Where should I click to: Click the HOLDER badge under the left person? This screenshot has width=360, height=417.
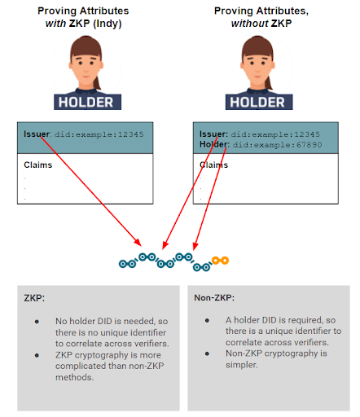87,102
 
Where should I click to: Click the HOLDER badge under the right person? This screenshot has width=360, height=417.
259,102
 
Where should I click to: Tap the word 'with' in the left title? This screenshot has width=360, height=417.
55,24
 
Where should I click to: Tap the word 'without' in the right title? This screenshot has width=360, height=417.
249,24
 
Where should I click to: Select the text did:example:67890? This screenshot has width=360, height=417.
277,145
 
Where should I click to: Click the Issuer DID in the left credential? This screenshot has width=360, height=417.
99,134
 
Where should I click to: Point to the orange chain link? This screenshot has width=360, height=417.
220,261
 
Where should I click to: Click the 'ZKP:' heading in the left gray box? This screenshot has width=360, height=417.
34,298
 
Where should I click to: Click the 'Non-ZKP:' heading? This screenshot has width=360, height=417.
214,298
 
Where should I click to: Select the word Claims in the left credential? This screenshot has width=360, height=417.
38,165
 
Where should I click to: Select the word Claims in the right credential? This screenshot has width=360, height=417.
213,165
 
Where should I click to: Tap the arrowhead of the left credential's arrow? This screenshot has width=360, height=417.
138,243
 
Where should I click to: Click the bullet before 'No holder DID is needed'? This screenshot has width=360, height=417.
37,322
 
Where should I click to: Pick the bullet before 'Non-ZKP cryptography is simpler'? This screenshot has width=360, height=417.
207,353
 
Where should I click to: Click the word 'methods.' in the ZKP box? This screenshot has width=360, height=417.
75,377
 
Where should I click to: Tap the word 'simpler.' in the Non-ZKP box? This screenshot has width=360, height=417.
242,365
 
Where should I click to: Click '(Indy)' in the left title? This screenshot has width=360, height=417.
108,24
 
